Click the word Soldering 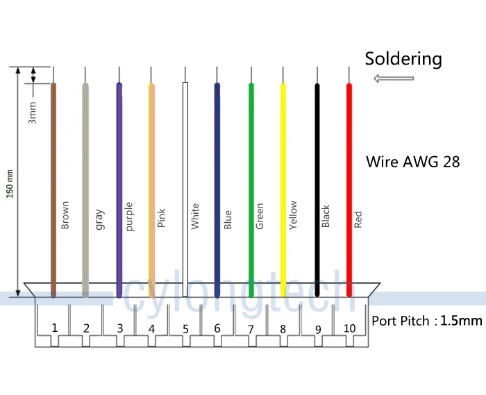click(x=403, y=59)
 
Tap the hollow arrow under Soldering click(x=393, y=78)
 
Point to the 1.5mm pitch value click(x=461, y=321)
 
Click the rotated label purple click(x=129, y=216)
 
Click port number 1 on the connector click(x=54, y=327)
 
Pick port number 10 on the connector click(x=349, y=328)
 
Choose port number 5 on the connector click(x=185, y=328)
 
